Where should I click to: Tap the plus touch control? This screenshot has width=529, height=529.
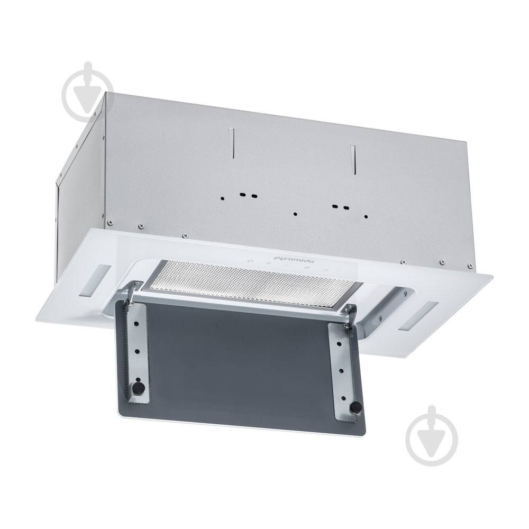268,263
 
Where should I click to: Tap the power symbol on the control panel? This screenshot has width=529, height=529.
325,270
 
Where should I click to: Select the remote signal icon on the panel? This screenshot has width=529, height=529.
251,261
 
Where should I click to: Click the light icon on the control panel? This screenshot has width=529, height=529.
307,268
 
